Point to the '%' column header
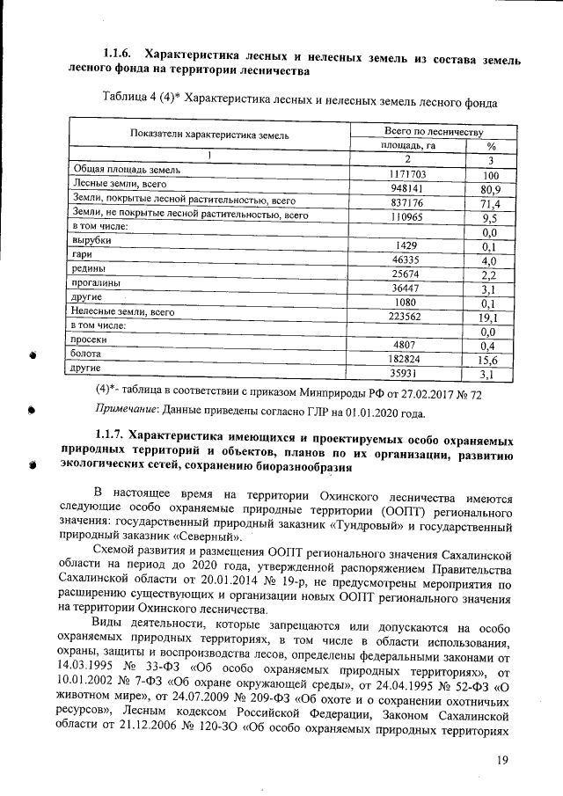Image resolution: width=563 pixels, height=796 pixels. click(x=491, y=146)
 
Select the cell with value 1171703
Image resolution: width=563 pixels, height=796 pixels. click(x=407, y=174)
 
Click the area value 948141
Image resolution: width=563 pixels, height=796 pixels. click(x=407, y=188)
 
